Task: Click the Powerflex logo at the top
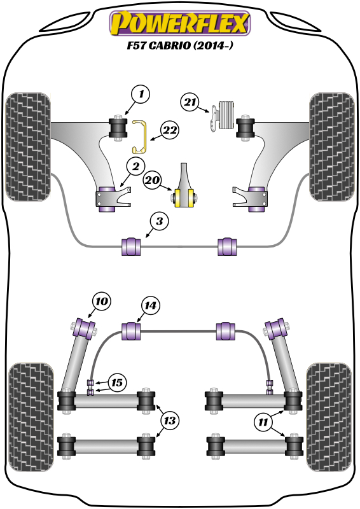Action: click(180, 23)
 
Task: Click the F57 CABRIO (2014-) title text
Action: click(179, 45)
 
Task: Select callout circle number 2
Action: click(135, 166)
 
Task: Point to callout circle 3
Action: click(160, 221)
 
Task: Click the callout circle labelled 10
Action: click(102, 301)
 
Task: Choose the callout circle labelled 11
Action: click(263, 422)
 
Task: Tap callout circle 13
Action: click(170, 421)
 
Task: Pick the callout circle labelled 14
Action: click(150, 305)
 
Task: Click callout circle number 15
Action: click(117, 382)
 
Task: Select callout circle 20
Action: click(153, 179)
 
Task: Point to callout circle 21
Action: click(190, 102)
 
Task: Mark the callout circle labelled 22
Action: click(170, 130)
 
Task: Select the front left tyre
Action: click(28, 147)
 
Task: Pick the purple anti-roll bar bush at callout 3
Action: click(131, 246)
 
